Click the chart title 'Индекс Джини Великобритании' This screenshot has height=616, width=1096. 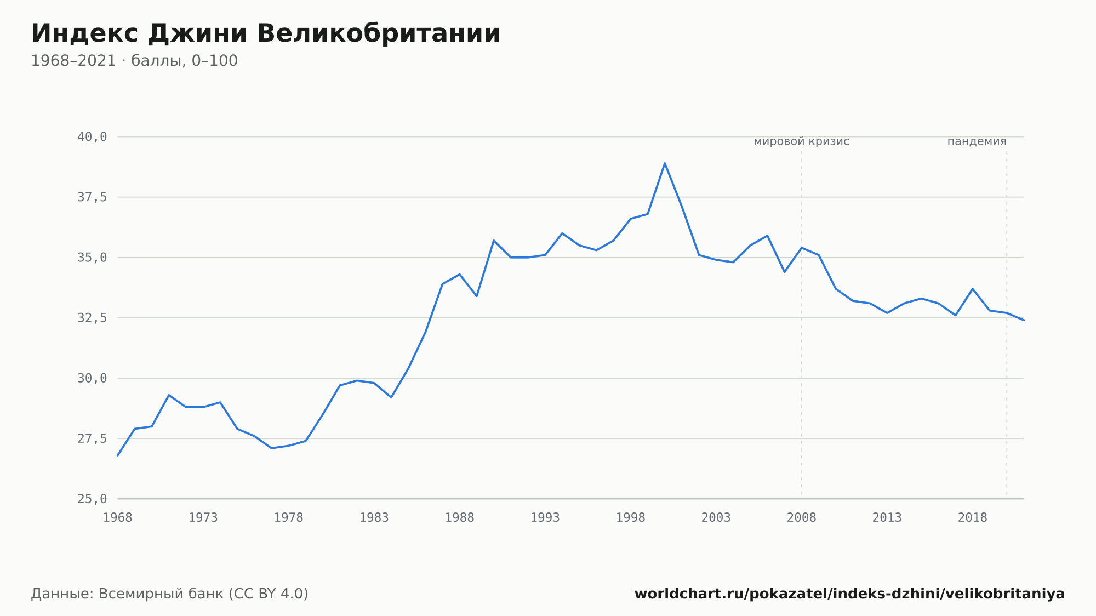266,33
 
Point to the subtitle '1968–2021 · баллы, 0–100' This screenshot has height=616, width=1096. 134,61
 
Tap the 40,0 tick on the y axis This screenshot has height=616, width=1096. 92,137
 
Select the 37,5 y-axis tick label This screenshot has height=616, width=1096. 92,197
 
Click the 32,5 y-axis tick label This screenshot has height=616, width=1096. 92,318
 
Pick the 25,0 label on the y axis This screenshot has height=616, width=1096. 92,499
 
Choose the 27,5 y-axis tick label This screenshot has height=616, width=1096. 92,438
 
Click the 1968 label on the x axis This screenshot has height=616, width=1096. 118,518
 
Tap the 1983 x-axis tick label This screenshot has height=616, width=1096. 374,518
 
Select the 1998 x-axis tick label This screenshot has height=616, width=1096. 631,518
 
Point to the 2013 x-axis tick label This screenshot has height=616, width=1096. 887,518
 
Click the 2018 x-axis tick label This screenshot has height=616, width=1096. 973,518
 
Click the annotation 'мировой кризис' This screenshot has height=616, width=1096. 802,141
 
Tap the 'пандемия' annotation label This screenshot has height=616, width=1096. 977,141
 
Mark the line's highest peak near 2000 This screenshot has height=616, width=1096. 665,163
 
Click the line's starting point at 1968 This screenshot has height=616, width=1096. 118,455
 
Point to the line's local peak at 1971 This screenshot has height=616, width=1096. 169,395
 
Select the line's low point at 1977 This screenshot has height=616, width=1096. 272,448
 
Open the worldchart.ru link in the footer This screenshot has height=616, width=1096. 849,594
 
